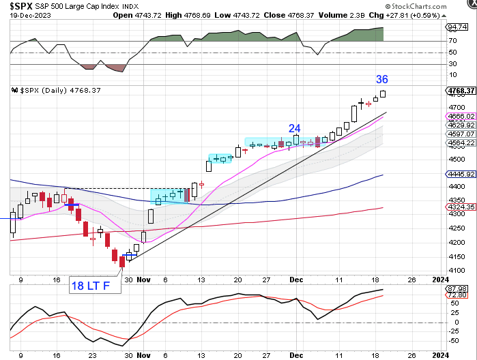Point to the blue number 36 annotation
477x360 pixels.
[x=382, y=79]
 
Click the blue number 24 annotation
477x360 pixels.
[x=294, y=127]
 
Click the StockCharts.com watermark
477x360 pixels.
[x=437, y=5]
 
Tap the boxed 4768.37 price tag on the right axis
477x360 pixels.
[x=461, y=90]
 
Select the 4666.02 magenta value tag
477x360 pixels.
[x=461, y=117]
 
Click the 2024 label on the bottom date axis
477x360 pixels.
[x=440, y=355]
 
